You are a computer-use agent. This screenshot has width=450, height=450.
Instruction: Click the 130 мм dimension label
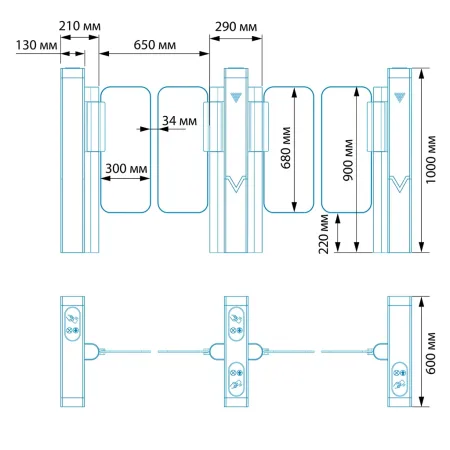(37, 45)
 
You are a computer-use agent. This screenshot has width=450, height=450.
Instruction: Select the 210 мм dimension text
(80, 26)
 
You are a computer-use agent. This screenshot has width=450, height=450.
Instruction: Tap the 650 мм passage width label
(155, 45)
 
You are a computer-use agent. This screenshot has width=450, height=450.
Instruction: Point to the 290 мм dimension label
(236, 27)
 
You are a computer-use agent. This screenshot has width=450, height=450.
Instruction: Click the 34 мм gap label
(180, 121)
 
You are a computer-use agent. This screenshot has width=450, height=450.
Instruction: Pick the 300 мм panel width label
(126, 169)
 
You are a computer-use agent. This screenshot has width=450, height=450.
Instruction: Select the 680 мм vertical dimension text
(286, 148)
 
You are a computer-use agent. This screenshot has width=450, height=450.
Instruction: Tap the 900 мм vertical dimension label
(348, 160)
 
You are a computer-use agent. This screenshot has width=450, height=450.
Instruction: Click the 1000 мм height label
(431, 159)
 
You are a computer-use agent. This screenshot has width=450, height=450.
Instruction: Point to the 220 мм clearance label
(323, 234)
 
